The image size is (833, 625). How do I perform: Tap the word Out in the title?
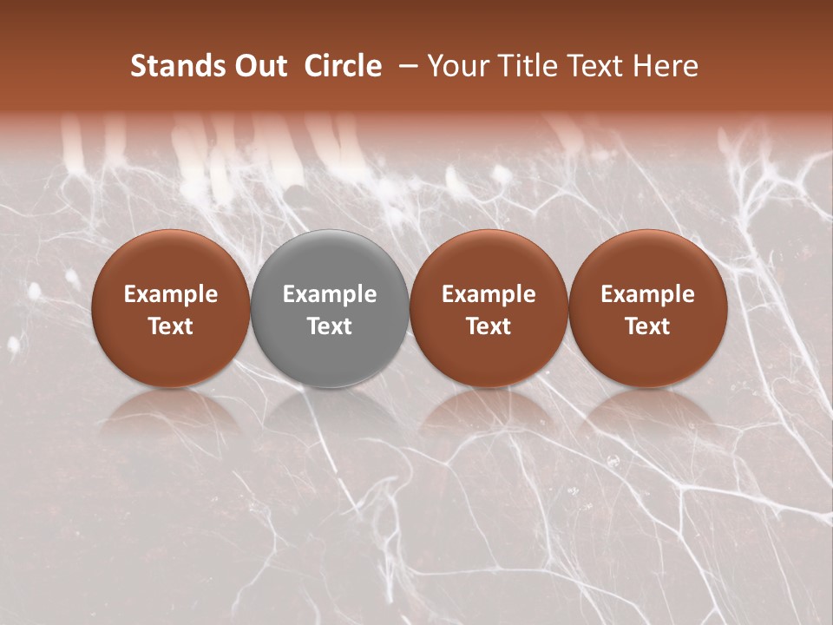[x=259, y=66]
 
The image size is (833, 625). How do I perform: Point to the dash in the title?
[x=404, y=66]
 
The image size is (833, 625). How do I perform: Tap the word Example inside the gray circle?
[x=330, y=294]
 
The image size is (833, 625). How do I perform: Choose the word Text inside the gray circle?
[x=330, y=326]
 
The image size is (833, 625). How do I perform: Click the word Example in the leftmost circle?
[x=171, y=294]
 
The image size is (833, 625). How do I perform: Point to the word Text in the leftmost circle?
[x=171, y=326]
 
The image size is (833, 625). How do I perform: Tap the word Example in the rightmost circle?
[x=647, y=294]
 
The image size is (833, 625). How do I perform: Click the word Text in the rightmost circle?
[x=647, y=326]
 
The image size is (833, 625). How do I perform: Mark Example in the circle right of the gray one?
[x=489, y=294]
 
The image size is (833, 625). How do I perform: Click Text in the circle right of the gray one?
[x=489, y=326]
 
